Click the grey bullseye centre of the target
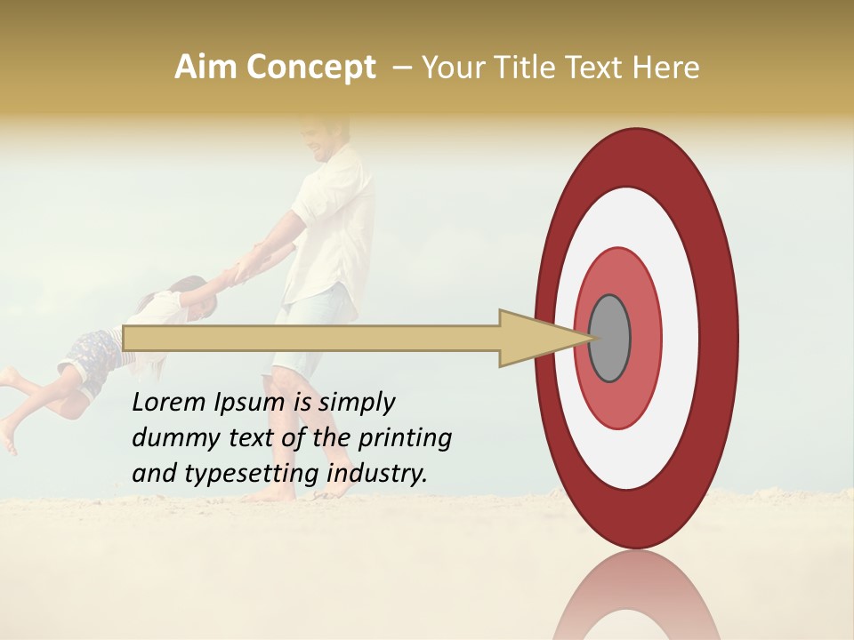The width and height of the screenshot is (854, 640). pyautogui.click(x=609, y=338)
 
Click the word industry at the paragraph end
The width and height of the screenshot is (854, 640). pyautogui.click(x=377, y=473)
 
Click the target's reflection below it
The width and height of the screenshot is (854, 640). pyautogui.click(x=636, y=600)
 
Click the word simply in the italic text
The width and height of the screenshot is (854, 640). pyautogui.click(x=355, y=403)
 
